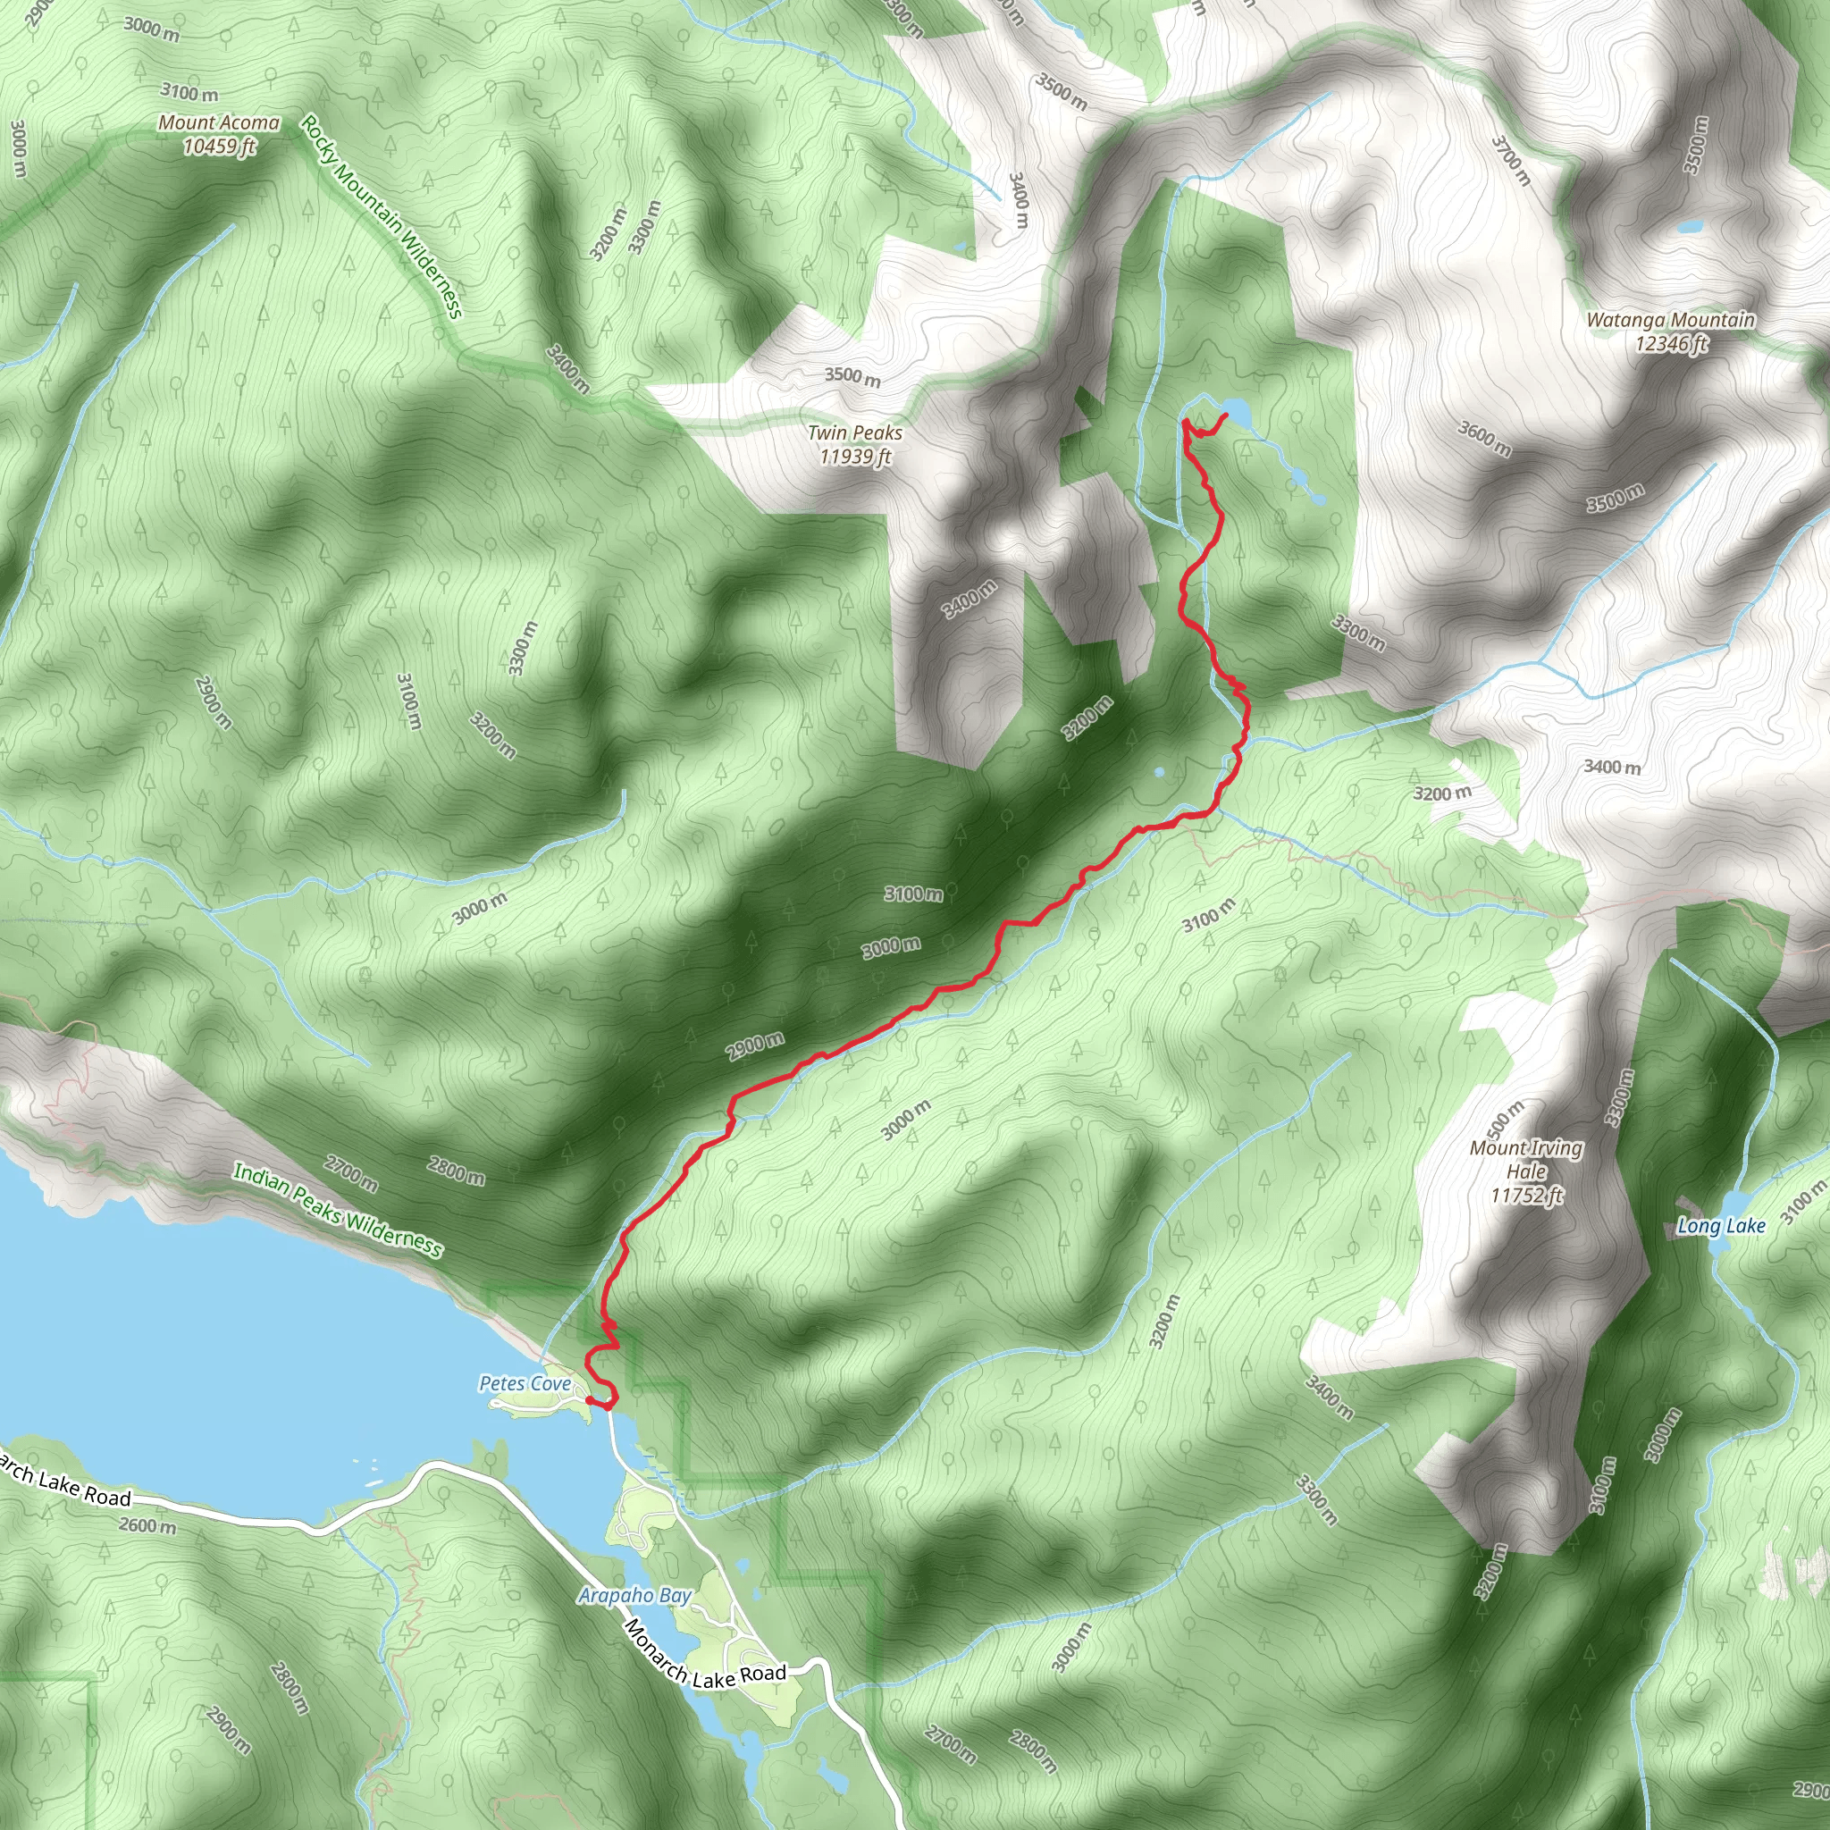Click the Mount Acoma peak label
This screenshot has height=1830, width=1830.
pos(219,133)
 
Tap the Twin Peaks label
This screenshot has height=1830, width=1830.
pos(854,444)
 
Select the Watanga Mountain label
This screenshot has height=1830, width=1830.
pos(1671,332)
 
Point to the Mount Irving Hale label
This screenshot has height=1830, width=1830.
pos(1526,1171)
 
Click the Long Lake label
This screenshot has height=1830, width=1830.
pos(1721,1226)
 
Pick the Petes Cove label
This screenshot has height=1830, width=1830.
pos(525,1384)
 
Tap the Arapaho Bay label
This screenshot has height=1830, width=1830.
pos(634,1596)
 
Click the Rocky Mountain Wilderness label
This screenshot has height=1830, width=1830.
pos(382,217)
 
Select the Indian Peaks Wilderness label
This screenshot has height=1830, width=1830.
pos(337,1211)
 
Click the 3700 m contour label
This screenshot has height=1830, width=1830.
pos(1510,160)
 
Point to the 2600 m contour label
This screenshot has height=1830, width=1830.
pos(147,1526)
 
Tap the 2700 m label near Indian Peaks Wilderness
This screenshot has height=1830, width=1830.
pos(351,1173)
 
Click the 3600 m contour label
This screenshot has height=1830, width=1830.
pos(1483,438)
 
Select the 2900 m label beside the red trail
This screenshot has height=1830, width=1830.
pos(755,1045)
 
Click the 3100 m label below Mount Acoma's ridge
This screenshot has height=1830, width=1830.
pos(189,92)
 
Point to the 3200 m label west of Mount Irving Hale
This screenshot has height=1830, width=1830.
pos(1164,1322)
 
